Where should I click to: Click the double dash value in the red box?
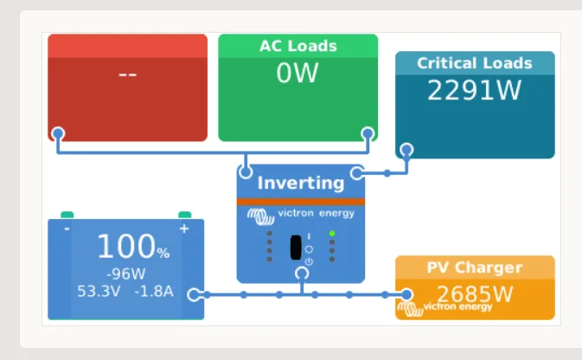(127, 74)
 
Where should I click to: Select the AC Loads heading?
(297, 46)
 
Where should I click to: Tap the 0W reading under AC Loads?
(297, 74)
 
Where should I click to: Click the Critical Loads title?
(474, 63)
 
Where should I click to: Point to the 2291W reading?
(474, 90)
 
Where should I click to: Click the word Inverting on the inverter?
(300, 183)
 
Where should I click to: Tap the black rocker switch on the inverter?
(296, 247)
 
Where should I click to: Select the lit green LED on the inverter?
(332, 234)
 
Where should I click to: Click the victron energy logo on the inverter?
(300, 213)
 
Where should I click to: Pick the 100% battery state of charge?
(132, 247)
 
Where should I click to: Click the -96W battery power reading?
(125, 273)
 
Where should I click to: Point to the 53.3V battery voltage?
(99, 291)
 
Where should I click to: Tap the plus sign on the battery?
(183, 228)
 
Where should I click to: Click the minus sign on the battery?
(67, 228)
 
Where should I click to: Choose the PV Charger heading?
(474, 267)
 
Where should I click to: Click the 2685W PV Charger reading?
(474, 293)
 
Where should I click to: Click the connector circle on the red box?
(58, 133)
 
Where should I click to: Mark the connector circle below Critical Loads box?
(406, 150)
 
